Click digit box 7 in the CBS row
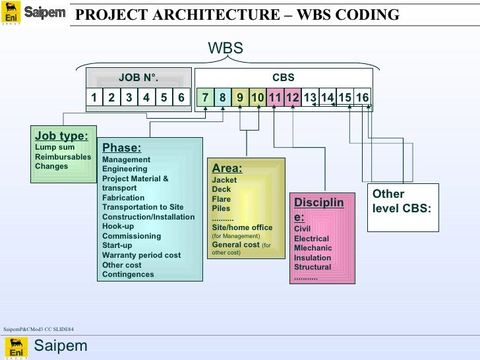206,98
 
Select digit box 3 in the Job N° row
129,98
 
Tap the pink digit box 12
292,98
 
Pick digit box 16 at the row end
362,98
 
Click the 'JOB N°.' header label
138,78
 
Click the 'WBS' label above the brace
225,48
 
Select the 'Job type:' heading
61,136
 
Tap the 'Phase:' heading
121,148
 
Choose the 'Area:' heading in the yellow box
227,168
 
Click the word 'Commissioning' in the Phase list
131,236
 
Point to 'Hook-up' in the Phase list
118,226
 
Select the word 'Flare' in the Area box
222,199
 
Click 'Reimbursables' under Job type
63,157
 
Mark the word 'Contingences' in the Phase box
128,274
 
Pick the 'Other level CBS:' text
402,201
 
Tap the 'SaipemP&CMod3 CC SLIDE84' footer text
38,328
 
